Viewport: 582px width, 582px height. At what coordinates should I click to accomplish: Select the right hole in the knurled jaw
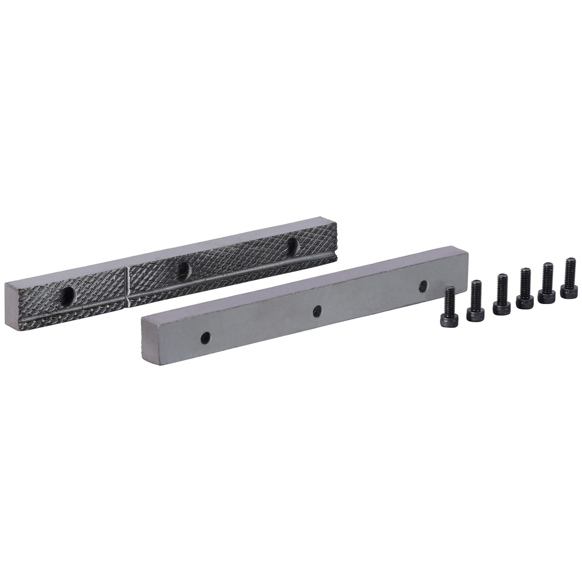point(293,245)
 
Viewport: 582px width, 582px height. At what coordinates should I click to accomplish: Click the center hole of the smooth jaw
point(317,311)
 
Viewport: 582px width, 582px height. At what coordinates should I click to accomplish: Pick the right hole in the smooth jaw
point(423,286)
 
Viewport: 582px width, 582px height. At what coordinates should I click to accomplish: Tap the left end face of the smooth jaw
point(147,341)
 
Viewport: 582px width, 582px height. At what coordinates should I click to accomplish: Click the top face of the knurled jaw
point(171,250)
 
